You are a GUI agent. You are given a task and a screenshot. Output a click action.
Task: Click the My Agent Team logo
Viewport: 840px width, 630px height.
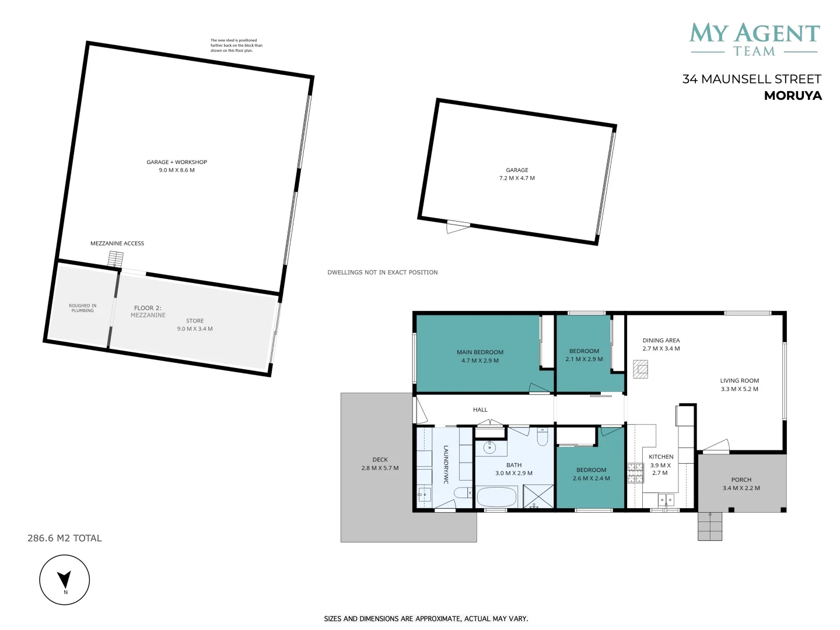coord(754,40)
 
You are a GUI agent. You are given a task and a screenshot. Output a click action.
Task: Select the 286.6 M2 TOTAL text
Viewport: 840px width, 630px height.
coord(65,538)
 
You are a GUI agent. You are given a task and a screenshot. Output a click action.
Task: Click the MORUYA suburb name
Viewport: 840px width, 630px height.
coord(793,96)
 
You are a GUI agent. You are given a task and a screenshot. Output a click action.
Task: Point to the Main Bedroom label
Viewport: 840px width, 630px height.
coord(480,352)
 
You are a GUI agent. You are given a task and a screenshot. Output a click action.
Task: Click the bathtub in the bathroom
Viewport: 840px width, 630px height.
coord(497,497)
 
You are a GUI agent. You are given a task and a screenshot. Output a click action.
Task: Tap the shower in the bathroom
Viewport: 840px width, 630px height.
coord(538,496)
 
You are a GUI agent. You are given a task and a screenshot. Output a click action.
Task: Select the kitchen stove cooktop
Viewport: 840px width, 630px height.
coord(635,473)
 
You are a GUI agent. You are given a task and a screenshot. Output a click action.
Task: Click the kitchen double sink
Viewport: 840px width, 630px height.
coord(666,500)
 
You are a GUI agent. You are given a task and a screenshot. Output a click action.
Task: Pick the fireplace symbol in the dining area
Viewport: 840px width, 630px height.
coord(640,369)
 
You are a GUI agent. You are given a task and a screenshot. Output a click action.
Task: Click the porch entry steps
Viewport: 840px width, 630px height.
coord(710,526)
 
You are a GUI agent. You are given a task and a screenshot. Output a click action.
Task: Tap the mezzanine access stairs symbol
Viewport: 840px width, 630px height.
coord(116,259)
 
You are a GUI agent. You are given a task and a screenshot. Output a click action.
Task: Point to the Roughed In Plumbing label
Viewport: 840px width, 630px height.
coord(83,308)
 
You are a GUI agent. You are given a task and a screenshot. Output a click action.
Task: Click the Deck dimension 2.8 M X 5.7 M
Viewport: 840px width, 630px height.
coord(380,468)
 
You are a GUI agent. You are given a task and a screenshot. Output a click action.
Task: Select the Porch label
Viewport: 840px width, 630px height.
coord(741,480)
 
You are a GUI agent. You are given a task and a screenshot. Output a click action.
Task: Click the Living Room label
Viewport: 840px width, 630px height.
coord(739,380)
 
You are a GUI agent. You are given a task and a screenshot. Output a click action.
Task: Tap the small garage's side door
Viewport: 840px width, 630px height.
coord(458,227)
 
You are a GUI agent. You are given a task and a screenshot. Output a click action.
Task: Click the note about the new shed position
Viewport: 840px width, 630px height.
coord(236,45)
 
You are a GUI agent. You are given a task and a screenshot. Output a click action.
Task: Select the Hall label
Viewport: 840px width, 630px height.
coord(480,409)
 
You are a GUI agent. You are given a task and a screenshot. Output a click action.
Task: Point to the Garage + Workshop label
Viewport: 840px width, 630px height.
coord(177,162)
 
